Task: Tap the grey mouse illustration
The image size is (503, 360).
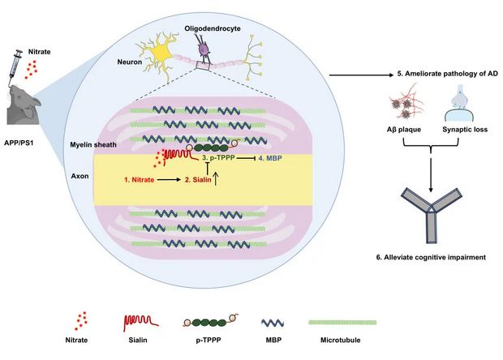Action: pyautogui.click(x=24, y=105)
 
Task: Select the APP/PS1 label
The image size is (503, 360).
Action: pyautogui.click(x=19, y=143)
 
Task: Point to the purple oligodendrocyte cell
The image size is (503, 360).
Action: pyautogui.click(x=204, y=49)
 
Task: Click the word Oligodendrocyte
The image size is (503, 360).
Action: pyautogui.click(x=213, y=28)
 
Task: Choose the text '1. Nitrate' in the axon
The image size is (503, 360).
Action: pyautogui.click(x=140, y=180)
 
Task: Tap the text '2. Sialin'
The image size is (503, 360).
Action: pyautogui.click(x=198, y=180)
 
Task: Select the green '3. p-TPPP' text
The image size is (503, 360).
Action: pyautogui.click(x=218, y=158)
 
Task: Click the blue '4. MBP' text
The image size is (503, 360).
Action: pyautogui.click(x=270, y=158)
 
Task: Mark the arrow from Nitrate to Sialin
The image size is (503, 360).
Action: pyautogui.click(x=170, y=180)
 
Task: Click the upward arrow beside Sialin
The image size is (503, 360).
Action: pyautogui.click(x=216, y=179)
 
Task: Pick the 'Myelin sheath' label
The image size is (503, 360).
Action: pyautogui.click(x=93, y=145)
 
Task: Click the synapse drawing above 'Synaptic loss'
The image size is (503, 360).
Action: pyautogui.click(x=459, y=103)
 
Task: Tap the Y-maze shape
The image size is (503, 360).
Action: pyautogui.click(x=432, y=214)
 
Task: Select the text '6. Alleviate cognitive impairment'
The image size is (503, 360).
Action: pyautogui.click(x=431, y=257)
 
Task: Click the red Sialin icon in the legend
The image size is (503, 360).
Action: pyautogui.click(x=140, y=323)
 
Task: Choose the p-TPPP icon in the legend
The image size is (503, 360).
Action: pyautogui.click(x=211, y=322)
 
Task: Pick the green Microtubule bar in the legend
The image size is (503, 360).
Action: pyautogui.click(x=342, y=323)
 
